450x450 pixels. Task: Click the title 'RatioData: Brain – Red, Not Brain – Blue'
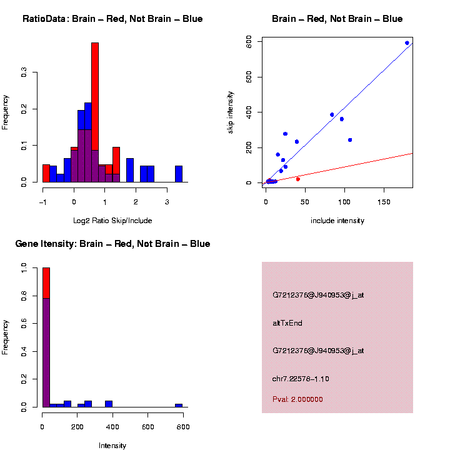pos(112,19)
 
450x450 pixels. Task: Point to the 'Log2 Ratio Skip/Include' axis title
pos(112,221)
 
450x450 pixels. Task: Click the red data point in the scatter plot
pos(297,179)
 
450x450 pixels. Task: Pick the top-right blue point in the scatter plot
pos(407,43)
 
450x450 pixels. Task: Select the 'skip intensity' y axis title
pos(231,112)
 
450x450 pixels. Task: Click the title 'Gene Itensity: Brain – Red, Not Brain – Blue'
pos(112,244)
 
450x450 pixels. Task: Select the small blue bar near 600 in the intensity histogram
pos(179,406)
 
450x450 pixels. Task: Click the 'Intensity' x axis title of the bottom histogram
pos(112,446)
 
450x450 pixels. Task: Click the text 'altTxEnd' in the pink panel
pos(287,323)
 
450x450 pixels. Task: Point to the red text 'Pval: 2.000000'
pos(297,399)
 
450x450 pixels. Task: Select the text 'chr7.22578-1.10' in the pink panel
pos(301,379)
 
